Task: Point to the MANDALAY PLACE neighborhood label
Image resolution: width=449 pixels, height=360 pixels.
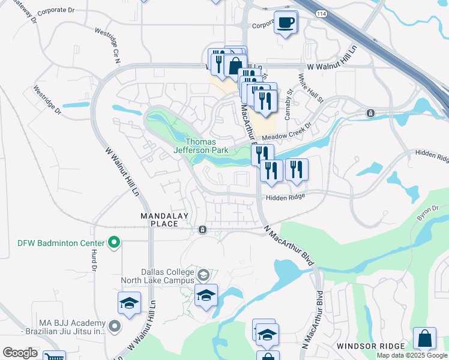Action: (x=164, y=220)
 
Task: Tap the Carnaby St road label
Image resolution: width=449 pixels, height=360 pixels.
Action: (x=289, y=99)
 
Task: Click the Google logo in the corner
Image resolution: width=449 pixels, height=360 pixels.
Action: (x=20, y=353)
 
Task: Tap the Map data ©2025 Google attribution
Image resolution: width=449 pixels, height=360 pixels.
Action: (x=412, y=355)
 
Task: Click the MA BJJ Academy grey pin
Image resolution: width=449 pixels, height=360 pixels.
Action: (x=115, y=326)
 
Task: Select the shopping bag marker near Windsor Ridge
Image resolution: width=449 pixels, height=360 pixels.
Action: (x=424, y=338)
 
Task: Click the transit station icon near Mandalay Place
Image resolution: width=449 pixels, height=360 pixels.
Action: (x=203, y=229)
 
